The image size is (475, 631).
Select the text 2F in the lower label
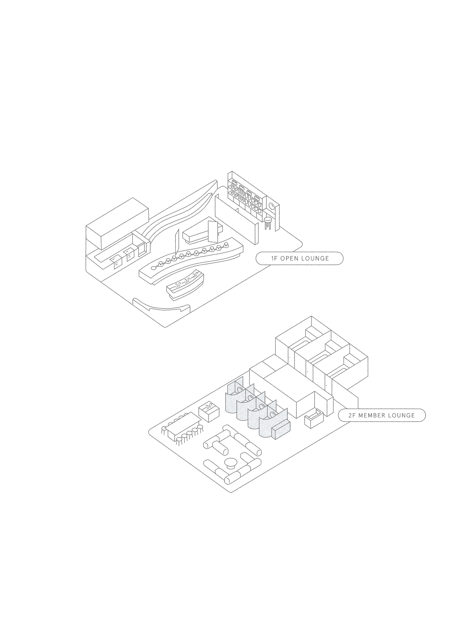point(352,415)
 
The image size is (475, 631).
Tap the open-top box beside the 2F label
point(314,418)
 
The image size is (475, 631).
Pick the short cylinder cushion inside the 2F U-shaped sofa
point(221,448)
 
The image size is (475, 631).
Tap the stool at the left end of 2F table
point(164,430)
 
